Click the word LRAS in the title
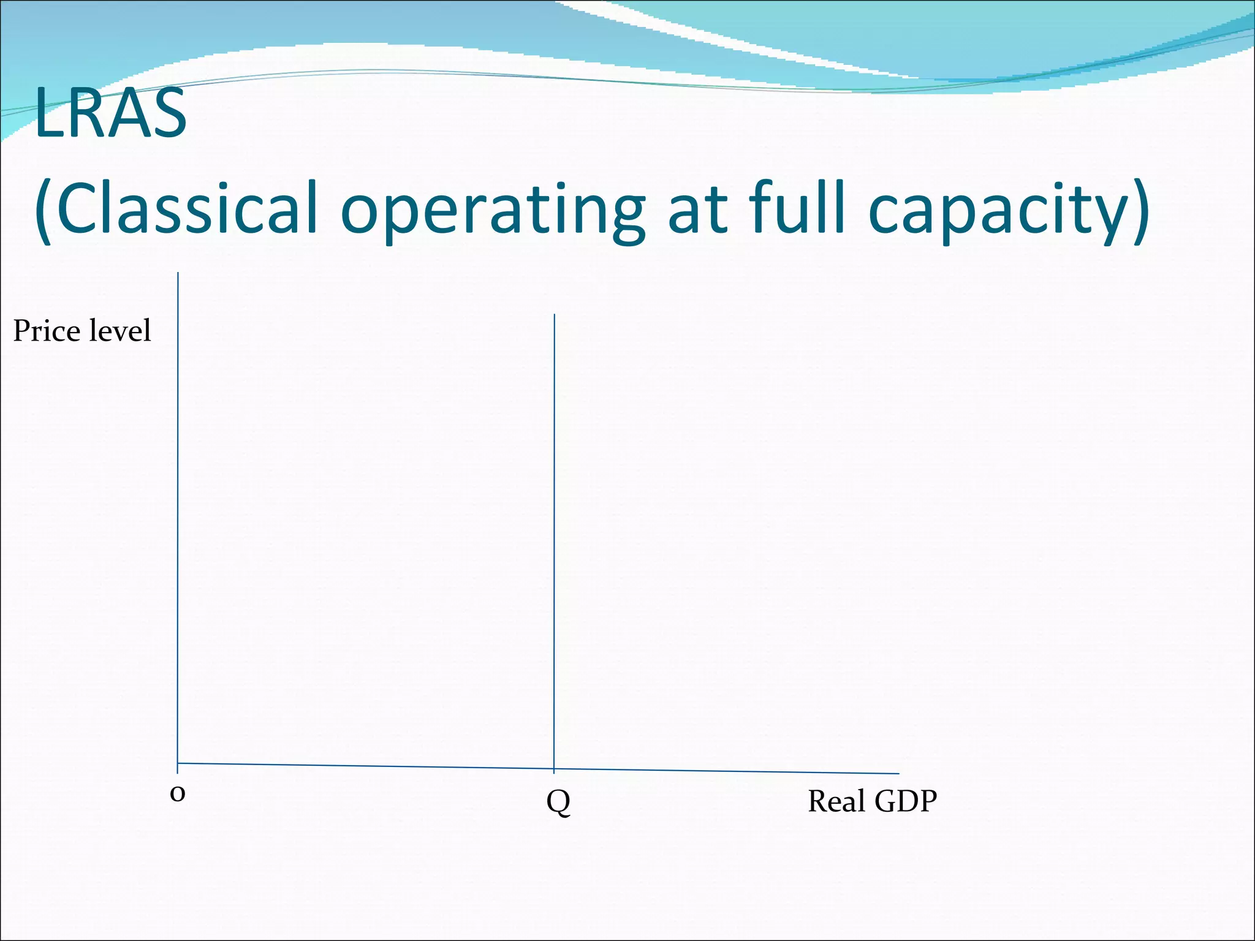coord(110,113)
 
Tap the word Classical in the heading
coord(186,208)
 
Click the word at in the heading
coord(697,208)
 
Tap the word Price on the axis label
coord(47,331)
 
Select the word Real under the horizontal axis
coord(836,801)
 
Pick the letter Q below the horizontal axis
coord(558,801)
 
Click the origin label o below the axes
coord(177,794)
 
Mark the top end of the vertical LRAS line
coord(555,316)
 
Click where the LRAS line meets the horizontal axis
coord(555,769)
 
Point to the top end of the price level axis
coord(178,274)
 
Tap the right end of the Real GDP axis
coord(898,774)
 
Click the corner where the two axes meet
coord(178,763)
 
